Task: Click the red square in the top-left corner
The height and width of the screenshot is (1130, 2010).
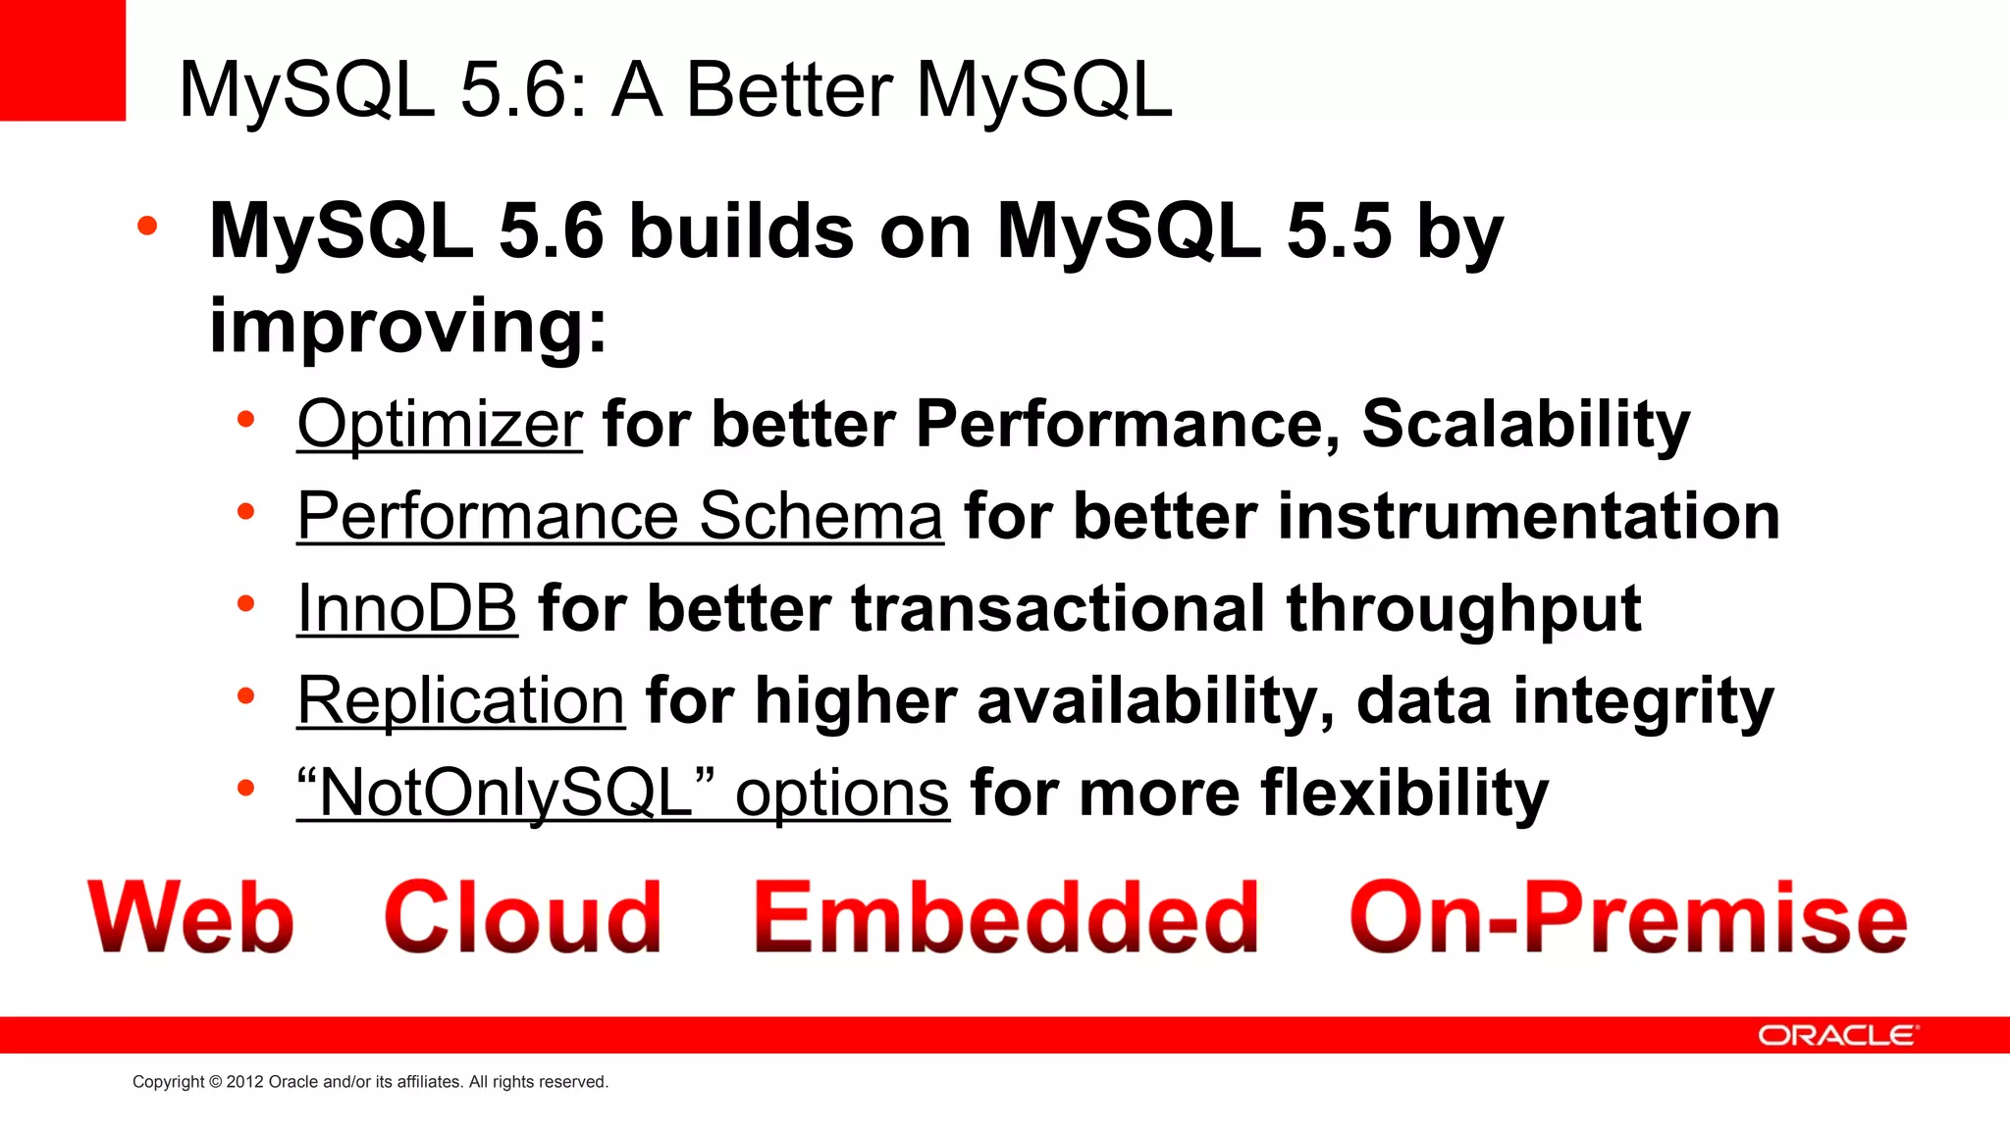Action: pyautogui.click(x=62, y=59)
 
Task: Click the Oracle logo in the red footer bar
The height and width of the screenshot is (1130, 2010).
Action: pyautogui.click(x=1836, y=1036)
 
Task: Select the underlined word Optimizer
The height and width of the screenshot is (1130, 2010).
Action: pyautogui.click(x=440, y=424)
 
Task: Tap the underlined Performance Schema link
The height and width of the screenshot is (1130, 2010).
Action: pyautogui.click(x=619, y=516)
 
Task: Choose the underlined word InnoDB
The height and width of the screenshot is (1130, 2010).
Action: pyautogui.click(x=406, y=608)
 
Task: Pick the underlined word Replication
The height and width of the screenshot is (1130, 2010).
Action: pyautogui.click(x=460, y=700)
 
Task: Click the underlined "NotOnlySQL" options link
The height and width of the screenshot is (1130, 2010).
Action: pyautogui.click(x=623, y=793)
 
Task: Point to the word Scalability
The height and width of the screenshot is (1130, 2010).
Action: pyautogui.click(x=1526, y=426)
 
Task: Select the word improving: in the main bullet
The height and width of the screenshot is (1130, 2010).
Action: pyautogui.click(x=408, y=326)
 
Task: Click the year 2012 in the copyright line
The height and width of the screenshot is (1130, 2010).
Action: pyautogui.click(x=244, y=1082)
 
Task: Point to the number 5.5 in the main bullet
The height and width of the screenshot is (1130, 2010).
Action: pyautogui.click(x=1339, y=231)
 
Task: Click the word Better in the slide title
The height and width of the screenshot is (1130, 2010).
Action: pyautogui.click(x=790, y=90)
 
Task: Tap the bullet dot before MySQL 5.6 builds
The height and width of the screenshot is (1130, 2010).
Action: pyautogui.click(x=147, y=227)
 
